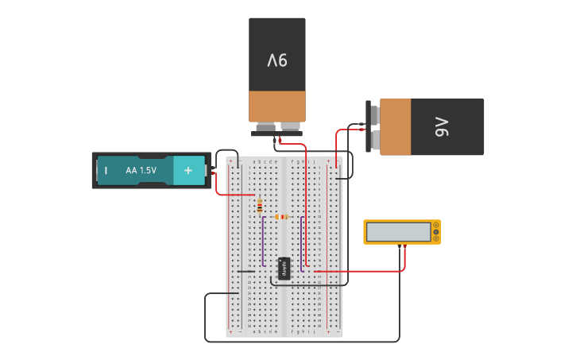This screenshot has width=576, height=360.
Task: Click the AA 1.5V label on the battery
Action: pyautogui.click(x=141, y=170)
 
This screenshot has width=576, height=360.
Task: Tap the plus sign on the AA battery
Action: pyautogui.click(x=188, y=170)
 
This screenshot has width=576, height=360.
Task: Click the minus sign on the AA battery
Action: pyautogui.click(x=105, y=170)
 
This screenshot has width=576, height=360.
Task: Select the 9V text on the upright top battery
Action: pyautogui.click(x=276, y=60)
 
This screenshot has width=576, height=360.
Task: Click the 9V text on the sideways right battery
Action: pyautogui.click(x=441, y=127)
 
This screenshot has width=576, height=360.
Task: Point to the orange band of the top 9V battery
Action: pyautogui.click(x=276, y=106)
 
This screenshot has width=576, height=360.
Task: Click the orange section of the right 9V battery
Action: pyautogui.click(x=395, y=127)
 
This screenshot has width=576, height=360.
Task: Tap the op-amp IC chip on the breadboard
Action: pyautogui.click(x=284, y=269)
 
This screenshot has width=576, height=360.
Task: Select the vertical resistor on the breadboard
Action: pyautogui.click(x=260, y=207)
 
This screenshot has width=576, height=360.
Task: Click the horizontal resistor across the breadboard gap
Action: pyautogui.click(x=280, y=217)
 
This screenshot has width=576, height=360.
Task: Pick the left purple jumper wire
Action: pyautogui.click(x=263, y=242)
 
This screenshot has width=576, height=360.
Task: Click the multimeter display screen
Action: pyautogui.click(x=399, y=231)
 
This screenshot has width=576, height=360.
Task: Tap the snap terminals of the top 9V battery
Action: pyautogui.click(x=277, y=128)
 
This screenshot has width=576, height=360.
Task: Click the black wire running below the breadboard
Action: pyautogui.click(x=302, y=342)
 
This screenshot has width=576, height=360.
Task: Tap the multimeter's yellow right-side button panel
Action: pyautogui.click(x=435, y=232)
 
